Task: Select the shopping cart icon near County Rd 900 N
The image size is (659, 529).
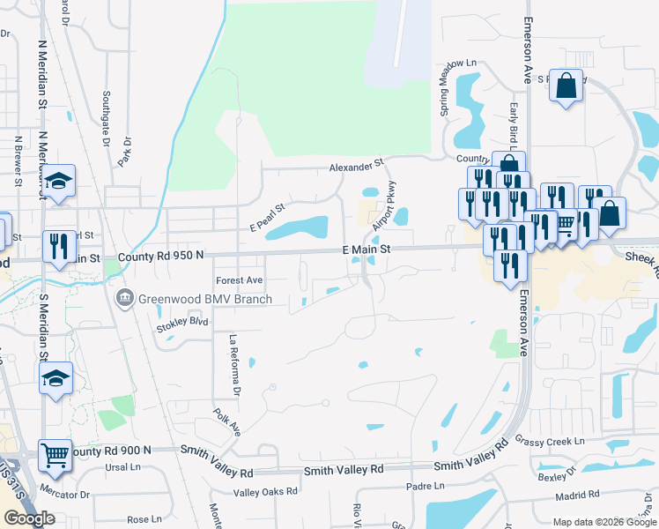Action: click(x=55, y=455)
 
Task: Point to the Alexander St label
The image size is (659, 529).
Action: click(x=357, y=165)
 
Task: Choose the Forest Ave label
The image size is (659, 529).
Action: click(x=240, y=280)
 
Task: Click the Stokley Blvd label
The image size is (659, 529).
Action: click(x=181, y=324)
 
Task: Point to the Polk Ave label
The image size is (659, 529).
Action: click(x=227, y=421)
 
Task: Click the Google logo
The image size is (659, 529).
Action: click(x=29, y=518)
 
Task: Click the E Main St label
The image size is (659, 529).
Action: click(x=366, y=251)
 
